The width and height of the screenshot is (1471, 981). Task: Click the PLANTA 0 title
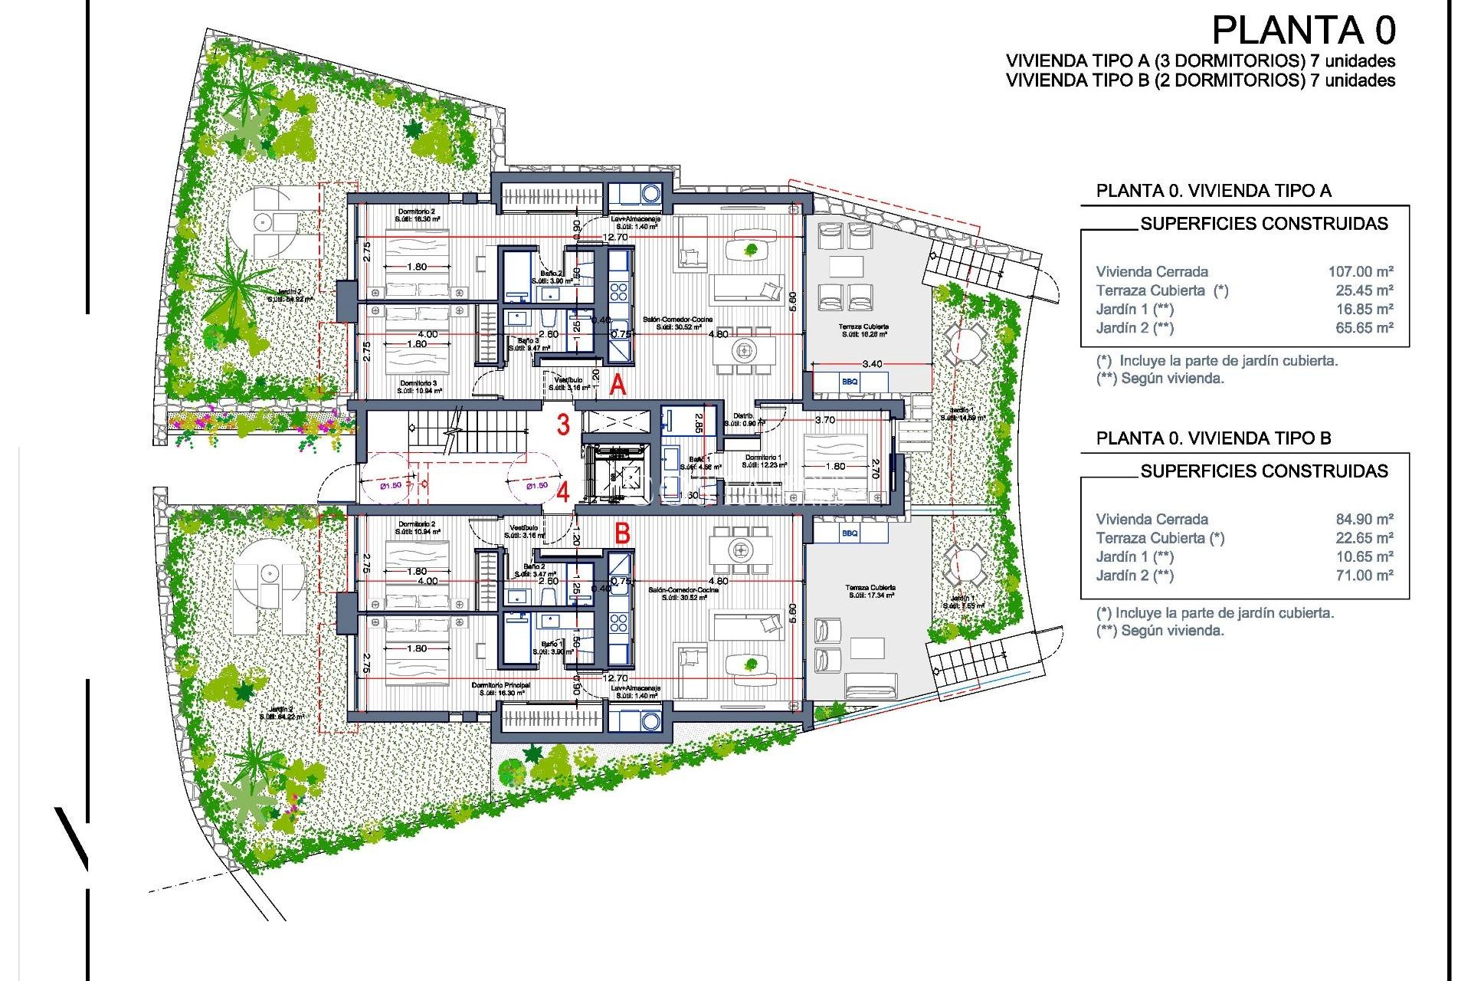coord(1303,31)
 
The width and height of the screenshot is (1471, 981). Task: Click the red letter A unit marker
coord(618,386)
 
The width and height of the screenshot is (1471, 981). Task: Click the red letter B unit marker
coord(622,533)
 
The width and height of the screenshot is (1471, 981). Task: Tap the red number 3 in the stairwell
coord(563,425)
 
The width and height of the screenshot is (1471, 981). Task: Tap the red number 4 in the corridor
coord(563,491)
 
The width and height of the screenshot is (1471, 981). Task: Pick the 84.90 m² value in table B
coord(1364,519)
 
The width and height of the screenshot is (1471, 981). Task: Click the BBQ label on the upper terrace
coord(850,381)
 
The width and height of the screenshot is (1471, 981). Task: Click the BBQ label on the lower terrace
coord(850,533)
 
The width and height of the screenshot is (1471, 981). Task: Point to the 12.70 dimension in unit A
coord(615,238)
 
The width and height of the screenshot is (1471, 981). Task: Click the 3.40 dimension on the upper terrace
coord(872,364)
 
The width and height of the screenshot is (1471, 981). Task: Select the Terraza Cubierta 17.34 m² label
coord(871,591)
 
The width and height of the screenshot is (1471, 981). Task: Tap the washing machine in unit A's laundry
coord(650,193)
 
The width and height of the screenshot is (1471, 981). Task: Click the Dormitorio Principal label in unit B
coord(501,688)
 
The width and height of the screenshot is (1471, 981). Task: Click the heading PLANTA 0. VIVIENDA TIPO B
coord(1213,438)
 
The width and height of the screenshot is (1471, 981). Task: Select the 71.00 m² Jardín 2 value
coord(1364,576)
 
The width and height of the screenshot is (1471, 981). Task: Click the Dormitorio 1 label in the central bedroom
coord(764,461)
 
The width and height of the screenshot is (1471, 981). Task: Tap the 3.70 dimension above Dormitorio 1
coord(825,420)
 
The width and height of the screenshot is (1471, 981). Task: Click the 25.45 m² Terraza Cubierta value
coord(1364,290)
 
